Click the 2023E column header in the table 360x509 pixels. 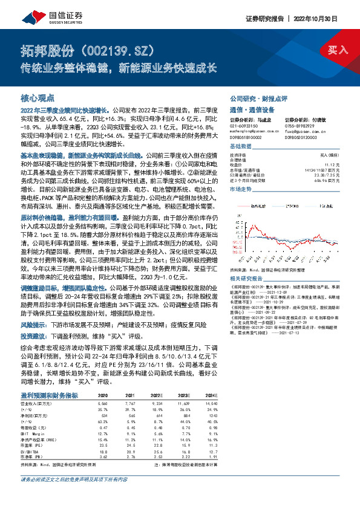point(183,395)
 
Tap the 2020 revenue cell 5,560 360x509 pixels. point(103,403)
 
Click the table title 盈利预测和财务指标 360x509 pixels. point(49,395)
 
